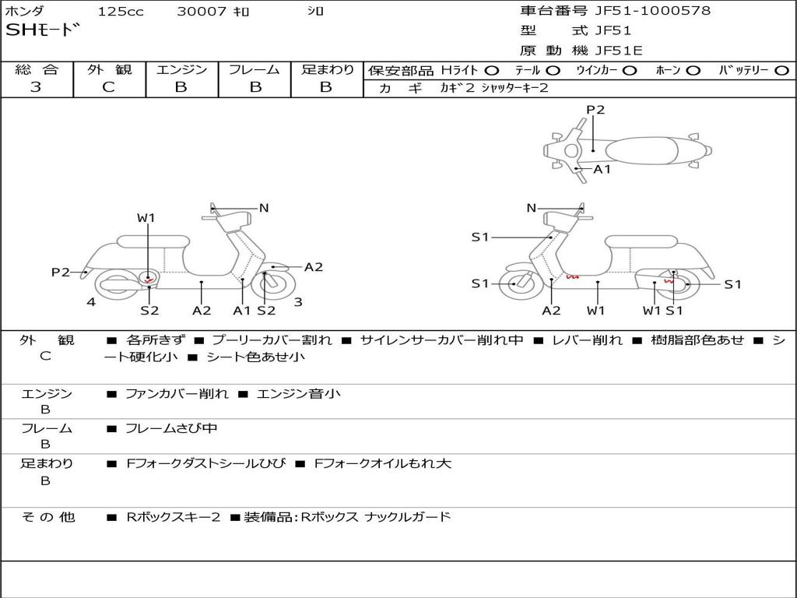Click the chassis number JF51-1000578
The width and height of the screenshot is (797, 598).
point(652,11)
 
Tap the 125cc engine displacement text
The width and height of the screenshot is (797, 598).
point(121,12)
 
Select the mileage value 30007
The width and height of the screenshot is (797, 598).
point(202,12)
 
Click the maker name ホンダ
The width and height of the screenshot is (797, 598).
point(25,12)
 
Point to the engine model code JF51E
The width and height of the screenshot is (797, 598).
point(620,51)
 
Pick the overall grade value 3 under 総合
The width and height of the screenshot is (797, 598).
point(36,87)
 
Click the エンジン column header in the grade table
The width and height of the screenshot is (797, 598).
point(181,70)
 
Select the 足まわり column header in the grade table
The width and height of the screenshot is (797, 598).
point(328,70)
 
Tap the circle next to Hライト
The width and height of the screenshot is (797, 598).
point(492,71)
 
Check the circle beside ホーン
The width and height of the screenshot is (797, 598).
point(693,71)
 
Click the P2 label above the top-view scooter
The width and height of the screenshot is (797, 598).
point(595,110)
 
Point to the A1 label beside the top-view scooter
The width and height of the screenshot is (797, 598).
point(602,169)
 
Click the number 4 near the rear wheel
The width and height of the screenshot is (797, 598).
point(91,302)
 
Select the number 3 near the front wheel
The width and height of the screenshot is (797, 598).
point(297,302)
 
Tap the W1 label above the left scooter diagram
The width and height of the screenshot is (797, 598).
point(146,218)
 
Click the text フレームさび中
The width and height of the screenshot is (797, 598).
point(171,428)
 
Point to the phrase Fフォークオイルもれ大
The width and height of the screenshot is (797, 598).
point(382,463)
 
